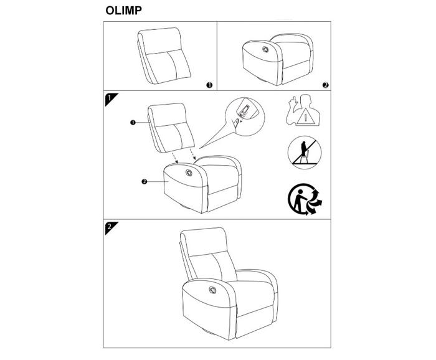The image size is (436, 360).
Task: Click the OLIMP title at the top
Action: click(x=123, y=11)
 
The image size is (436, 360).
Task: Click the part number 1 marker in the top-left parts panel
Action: click(x=209, y=85)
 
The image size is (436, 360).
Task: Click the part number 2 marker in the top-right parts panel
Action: click(x=326, y=85)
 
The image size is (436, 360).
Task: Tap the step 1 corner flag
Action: click(x=110, y=98)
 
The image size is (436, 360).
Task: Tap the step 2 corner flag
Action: click(x=110, y=227)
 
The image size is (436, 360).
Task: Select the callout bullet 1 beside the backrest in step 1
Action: click(x=133, y=122)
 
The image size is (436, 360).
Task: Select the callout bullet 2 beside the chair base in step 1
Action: click(x=144, y=182)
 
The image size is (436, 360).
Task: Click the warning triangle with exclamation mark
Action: click(x=305, y=116)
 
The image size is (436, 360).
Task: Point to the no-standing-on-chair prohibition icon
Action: click(x=305, y=153)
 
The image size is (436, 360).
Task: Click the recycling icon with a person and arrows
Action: click(x=305, y=199)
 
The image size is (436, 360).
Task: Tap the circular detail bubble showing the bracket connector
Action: click(x=245, y=116)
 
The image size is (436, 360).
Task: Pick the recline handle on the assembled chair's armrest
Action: click(x=212, y=290)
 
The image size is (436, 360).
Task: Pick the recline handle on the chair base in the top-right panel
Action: click(x=265, y=49)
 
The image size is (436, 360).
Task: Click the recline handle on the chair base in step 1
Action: click(x=189, y=173)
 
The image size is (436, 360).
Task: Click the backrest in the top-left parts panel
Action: click(x=164, y=55)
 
